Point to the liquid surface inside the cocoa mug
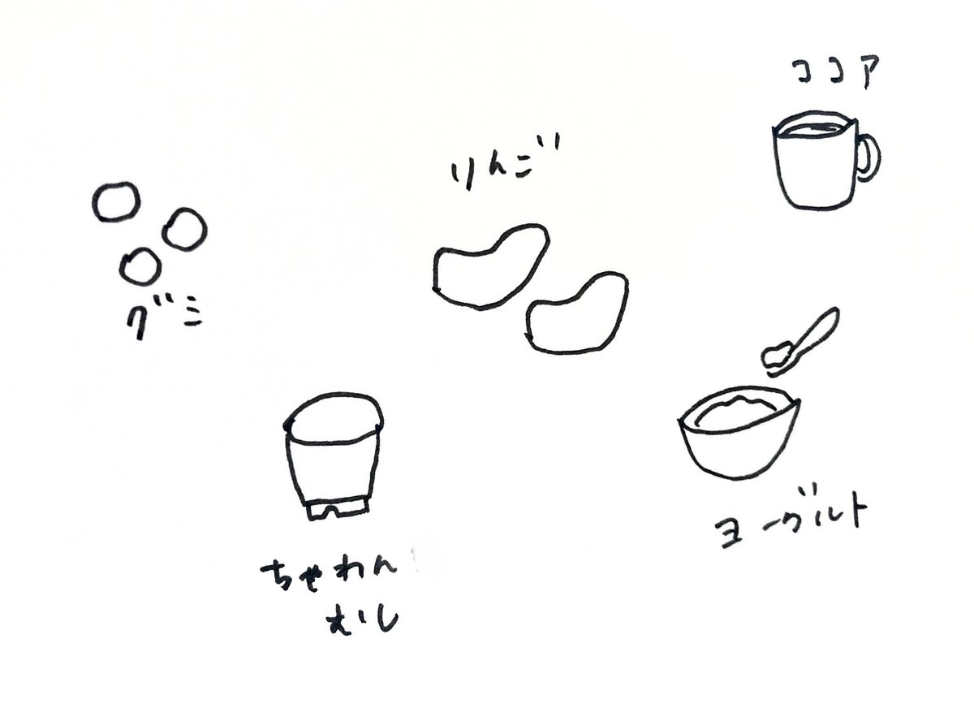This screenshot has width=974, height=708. tap(814, 131)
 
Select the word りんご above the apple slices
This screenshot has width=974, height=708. tap(504, 164)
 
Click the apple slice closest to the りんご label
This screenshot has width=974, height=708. tap(491, 267)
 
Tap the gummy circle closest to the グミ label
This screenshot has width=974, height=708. tap(140, 266)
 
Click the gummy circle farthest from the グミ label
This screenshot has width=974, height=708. tap(116, 201)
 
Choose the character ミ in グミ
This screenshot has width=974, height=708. tap(192, 318)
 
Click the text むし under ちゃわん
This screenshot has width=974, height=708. tap(362, 620)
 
